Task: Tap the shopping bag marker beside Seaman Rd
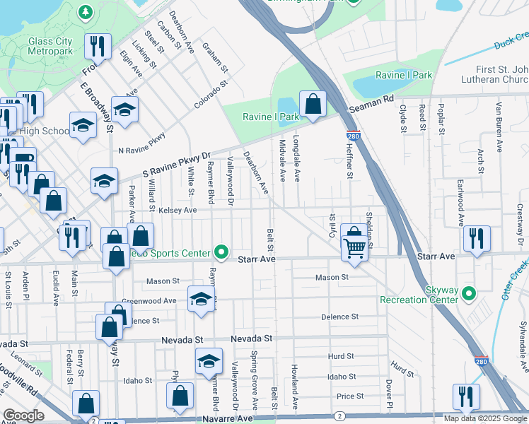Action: (x=312, y=104)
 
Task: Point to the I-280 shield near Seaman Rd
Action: (x=351, y=135)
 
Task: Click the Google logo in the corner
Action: (x=23, y=416)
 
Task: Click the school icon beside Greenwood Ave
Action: (x=201, y=299)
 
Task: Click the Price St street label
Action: (x=349, y=396)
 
